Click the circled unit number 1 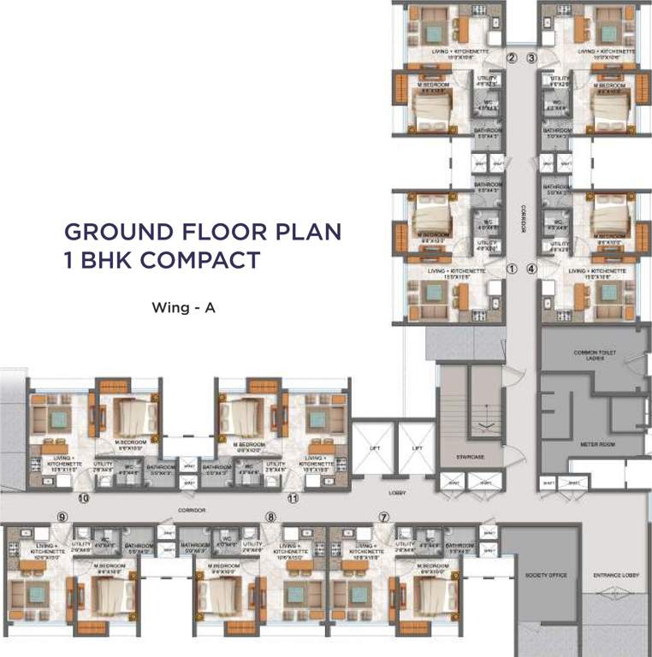513,268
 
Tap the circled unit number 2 513,58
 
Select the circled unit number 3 531,58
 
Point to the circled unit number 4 531,268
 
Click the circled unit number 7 384,517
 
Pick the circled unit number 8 270,517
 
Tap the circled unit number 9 62,517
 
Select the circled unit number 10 84,497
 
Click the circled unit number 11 293,497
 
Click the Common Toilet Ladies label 589,354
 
